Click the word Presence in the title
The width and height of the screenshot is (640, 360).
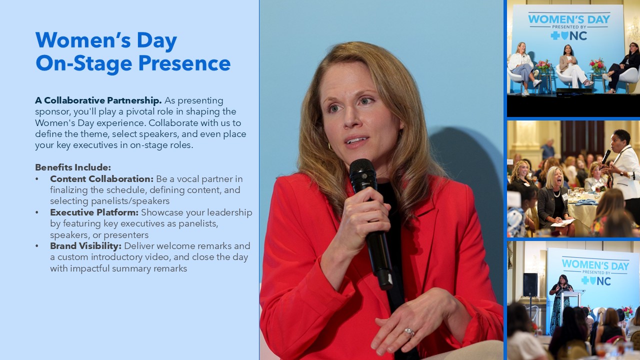point(184,63)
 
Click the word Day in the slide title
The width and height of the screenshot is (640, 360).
point(157,41)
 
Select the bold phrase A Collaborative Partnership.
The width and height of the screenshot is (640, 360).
point(98,100)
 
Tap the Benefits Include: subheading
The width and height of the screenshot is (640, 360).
point(73,167)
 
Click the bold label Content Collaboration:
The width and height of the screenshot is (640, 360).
point(102,179)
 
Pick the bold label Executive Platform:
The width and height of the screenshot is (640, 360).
point(94,212)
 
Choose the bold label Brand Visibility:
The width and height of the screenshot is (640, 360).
point(85,245)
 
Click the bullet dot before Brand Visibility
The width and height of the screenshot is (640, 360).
point(37,246)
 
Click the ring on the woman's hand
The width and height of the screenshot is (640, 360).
point(409,332)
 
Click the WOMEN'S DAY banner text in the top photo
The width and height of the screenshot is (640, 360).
point(569,19)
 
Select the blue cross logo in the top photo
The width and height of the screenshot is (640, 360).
point(555,35)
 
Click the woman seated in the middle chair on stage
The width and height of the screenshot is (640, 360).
point(573,66)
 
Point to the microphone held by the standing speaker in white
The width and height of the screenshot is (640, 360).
point(605,156)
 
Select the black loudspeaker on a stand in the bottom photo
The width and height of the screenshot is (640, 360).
point(530,284)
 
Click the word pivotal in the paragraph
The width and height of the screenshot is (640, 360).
point(139,111)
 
